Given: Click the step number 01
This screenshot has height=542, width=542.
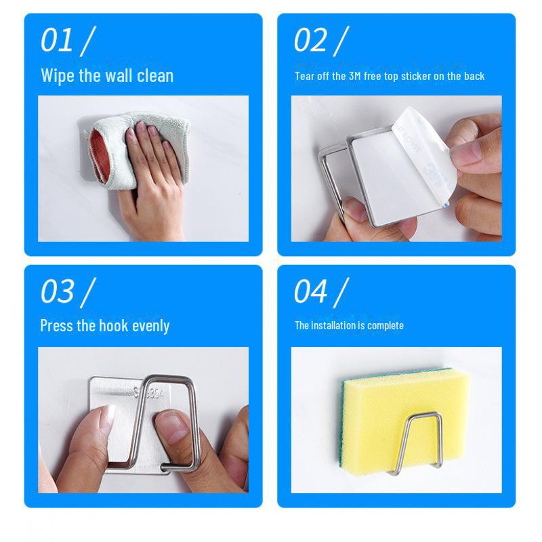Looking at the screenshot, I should (x=57, y=40).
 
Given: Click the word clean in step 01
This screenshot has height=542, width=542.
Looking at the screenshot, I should (x=155, y=75).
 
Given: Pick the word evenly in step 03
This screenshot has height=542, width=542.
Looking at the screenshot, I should (x=150, y=326).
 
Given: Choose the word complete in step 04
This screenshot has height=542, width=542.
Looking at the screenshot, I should (x=385, y=326).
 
